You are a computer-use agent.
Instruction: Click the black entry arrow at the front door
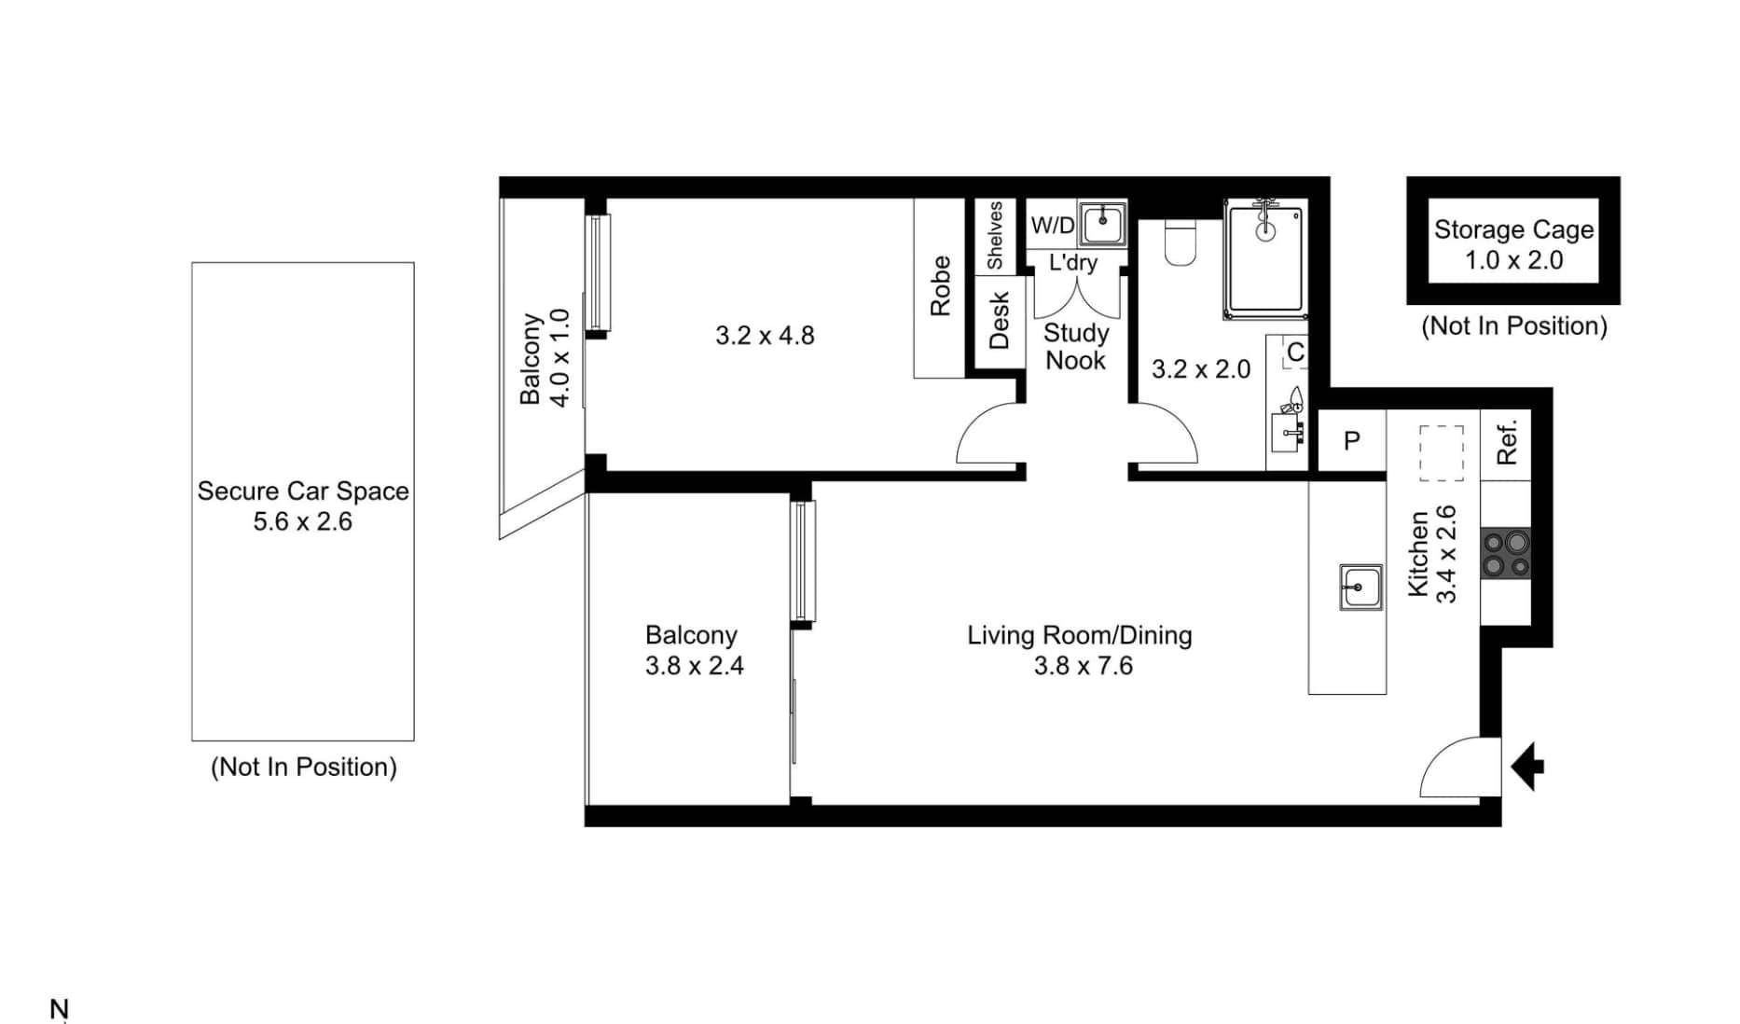pos(1526,768)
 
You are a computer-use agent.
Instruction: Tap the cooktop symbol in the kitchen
pos(1506,554)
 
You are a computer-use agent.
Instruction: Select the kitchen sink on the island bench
pos(1360,587)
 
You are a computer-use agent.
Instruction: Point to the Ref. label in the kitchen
pos(1507,442)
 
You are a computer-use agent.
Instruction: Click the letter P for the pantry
pos(1351,441)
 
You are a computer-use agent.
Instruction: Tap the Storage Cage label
pos(1513,229)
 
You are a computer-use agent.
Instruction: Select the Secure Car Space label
pos(303,491)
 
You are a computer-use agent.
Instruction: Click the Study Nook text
pos(1076,347)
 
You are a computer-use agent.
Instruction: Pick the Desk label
pos(999,321)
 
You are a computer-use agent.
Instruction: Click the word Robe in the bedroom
pos(940,286)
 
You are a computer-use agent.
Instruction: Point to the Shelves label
pos(995,235)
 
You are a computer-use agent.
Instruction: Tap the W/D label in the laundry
pos(1053,226)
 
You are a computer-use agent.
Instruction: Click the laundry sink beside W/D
pos(1103,225)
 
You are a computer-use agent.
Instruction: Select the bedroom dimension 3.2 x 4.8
pos(765,336)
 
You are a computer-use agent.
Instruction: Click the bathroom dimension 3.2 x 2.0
pos(1201,369)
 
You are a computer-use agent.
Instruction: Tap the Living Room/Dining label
pos(1080,635)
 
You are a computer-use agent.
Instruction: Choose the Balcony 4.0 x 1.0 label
pos(545,358)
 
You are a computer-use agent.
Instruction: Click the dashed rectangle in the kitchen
pos(1442,453)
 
